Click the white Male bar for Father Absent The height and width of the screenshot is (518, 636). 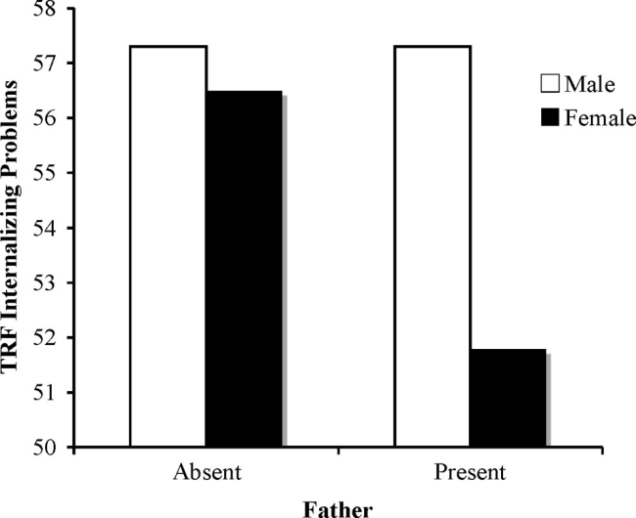point(168,246)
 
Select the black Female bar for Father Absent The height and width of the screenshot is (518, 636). point(244,269)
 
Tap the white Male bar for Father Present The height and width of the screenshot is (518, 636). point(432,246)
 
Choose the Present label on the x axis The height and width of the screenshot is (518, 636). point(471,474)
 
